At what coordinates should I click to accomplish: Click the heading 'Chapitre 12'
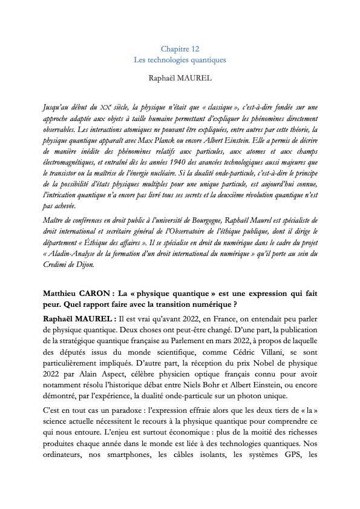[x=180, y=49]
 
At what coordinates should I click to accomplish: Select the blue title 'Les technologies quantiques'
[x=180, y=60]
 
